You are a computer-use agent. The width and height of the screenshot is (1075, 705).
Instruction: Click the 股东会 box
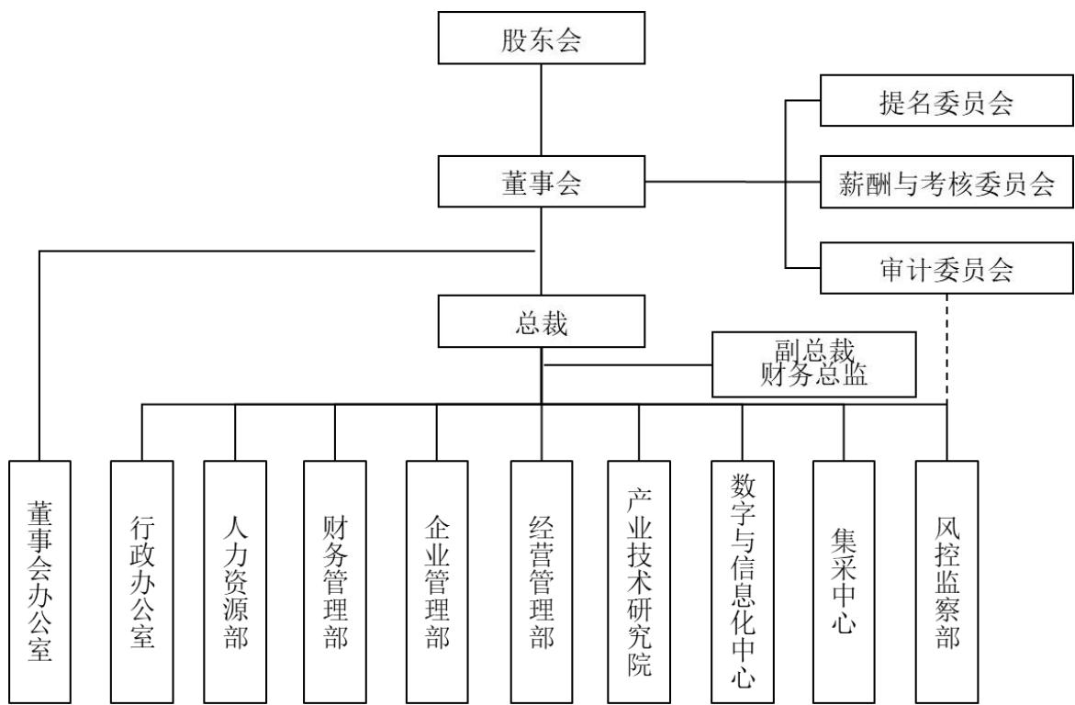[x=542, y=38]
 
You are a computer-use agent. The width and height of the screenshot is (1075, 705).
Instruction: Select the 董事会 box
[x=542, y=182]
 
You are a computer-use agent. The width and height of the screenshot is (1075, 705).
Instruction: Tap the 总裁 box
[x=542, y=321]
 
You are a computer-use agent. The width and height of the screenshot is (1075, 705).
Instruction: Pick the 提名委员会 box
[x=946, y=101]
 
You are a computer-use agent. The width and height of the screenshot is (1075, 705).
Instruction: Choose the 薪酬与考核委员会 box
[x=946, y=182]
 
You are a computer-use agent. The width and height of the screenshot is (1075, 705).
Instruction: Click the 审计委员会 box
[x=946, y=267]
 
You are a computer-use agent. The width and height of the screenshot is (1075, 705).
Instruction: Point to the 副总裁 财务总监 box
[x=814, y=364]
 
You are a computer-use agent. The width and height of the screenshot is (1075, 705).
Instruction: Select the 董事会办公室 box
[x=39, y=582]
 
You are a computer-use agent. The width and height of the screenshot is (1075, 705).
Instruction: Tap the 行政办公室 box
[x=142, y=582]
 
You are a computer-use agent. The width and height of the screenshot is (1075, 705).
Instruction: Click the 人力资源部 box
[x=235, y=582]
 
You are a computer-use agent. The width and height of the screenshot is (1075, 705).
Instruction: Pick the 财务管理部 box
[x=335, y=582]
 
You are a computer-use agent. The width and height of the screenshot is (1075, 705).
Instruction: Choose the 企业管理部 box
[x=437, y=582]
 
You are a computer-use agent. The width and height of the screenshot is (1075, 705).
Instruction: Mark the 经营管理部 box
[x=542, y=582]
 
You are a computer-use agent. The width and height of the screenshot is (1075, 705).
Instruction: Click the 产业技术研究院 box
[x=639, y=582]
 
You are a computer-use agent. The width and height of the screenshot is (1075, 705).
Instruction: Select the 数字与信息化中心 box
[x=743, y=582]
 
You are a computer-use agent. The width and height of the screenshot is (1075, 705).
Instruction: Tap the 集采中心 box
[x=844, y=582]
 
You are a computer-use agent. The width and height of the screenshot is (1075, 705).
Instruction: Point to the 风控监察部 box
[x=946, y=582]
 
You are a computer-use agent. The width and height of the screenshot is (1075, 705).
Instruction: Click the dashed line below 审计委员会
[x=946, y=349]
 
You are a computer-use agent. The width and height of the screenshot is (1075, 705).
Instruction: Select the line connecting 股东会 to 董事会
[x=542, y=110]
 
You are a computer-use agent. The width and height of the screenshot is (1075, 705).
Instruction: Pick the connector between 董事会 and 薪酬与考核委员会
[x=733, y=182]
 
